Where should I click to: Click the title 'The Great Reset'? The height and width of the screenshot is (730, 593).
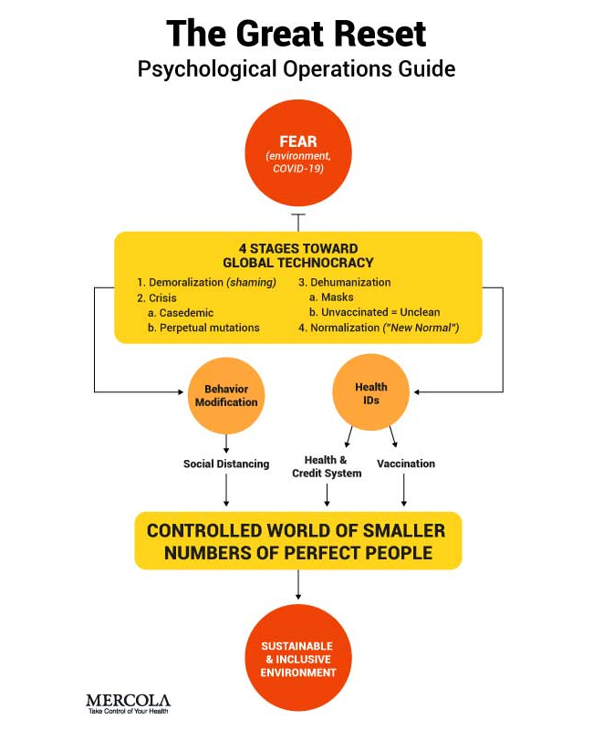tap(296, 34)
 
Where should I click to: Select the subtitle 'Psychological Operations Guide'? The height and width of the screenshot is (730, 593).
tap(296, 69)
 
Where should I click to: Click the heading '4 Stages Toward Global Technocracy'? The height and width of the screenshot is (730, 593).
tap(296, 255)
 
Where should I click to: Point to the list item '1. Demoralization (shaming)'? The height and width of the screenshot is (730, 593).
tap(206, 282)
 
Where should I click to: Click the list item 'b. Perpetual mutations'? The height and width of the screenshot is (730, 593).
tap(203, 327)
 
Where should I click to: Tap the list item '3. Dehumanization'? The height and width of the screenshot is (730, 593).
tap(344, 282)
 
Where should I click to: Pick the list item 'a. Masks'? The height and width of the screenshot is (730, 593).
tap(332, 297)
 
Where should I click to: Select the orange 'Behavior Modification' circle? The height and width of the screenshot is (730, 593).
tap(225, 395)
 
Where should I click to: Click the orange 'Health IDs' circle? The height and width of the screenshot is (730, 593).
tap(371, 393)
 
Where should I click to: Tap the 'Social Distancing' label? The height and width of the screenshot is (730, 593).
tap(226, 464)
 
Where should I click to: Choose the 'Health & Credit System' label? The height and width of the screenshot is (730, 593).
tap(327, 466)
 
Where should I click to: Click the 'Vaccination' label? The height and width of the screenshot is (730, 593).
tap(406, 464)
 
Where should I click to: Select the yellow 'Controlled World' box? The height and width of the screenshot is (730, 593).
tap(297, 540)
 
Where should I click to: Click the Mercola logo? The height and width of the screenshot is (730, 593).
tap(128, 703)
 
